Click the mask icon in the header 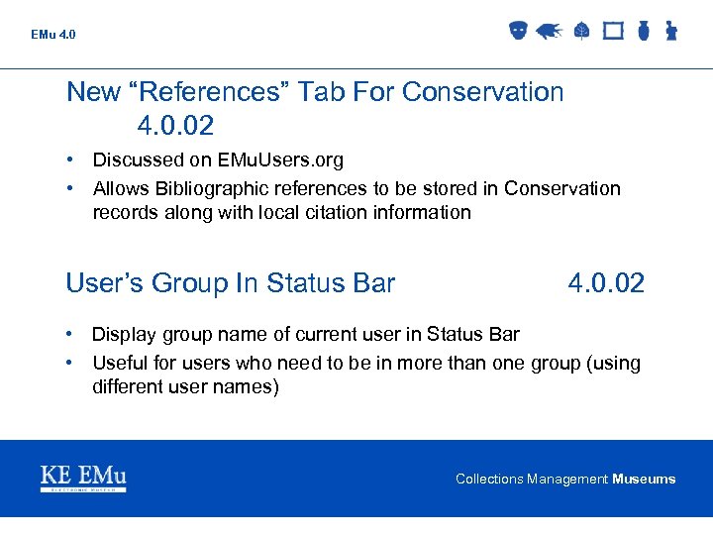click(517, 31)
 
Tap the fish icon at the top click(549, 31)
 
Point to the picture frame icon click(613, 31)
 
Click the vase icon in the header click(643, 31)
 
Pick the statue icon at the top click(670, 31)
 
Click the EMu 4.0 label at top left click(52, 35)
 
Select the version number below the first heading click(175, 126)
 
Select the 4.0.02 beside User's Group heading click(606, 283)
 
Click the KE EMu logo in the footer click(83, 479)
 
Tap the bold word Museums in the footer click(644, 480)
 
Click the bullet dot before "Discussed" click(72, 160)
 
